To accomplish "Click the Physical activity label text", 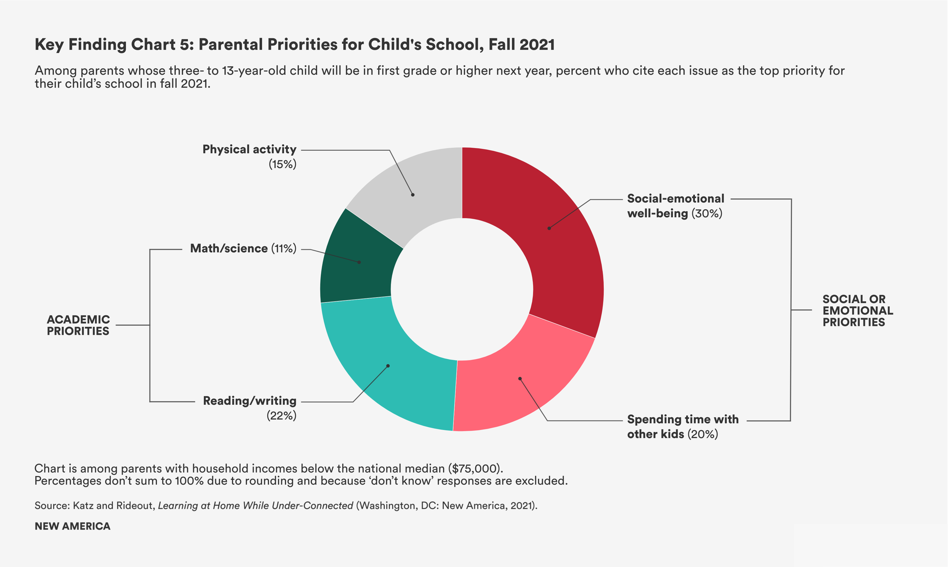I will click(249, 150).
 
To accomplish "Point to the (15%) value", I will click(283, 164).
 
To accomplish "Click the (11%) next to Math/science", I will click(284, 248).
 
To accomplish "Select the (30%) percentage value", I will click(707, 213).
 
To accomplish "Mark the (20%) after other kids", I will click(703, 434).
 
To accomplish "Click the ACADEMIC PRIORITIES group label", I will click(78, 325).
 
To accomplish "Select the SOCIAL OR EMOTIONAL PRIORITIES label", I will click(857, 310).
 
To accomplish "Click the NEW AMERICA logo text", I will click(73, 526).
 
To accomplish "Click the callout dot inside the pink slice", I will click(520, 379).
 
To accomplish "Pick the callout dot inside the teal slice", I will click(388, 366).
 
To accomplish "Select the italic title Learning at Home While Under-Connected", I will click(255, 506).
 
